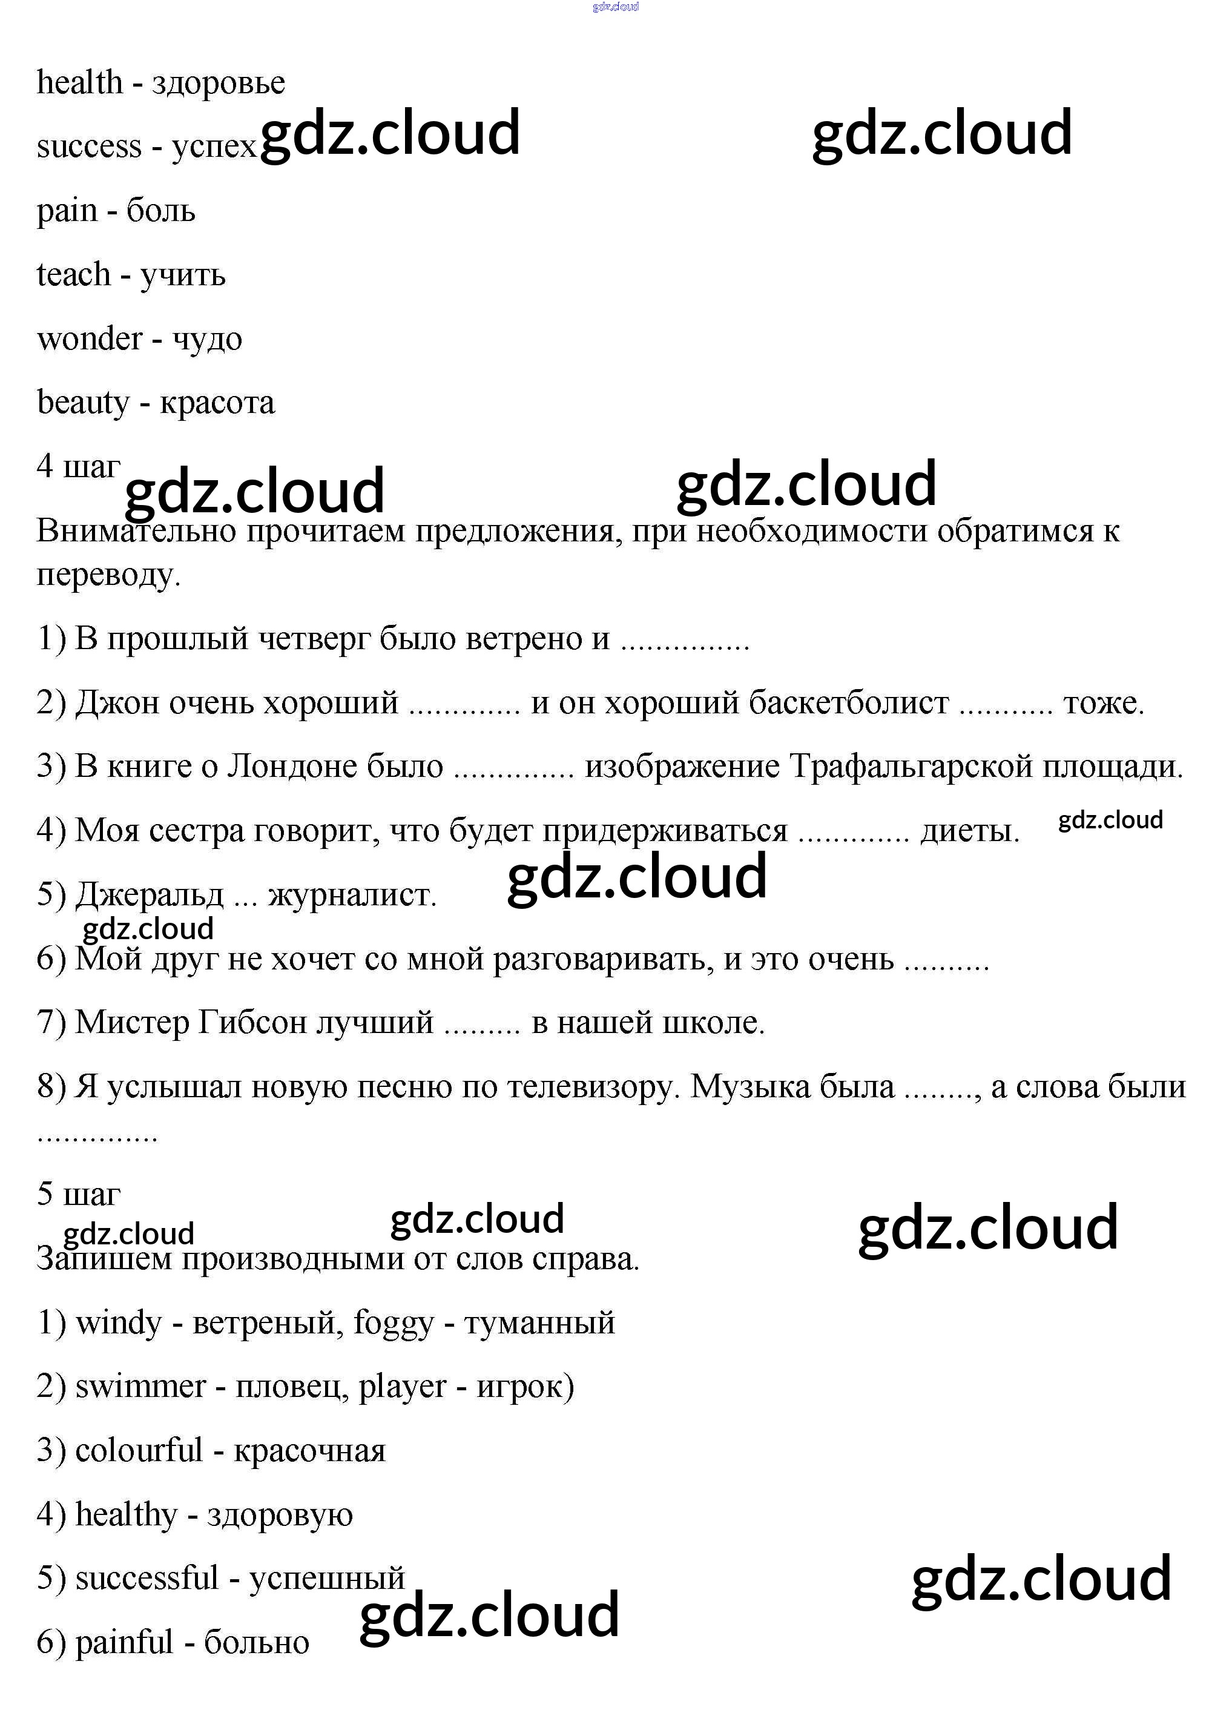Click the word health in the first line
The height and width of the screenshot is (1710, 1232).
[x=79, y=82]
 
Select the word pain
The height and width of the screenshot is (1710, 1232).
[x=67, y=211]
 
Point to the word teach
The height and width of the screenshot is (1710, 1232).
[x=73, y=274]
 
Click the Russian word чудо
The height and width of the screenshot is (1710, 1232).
[x=207, y=338]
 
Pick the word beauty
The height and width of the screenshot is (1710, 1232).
[x=83, y=403]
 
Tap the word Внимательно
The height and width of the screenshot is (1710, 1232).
[x=136, y=532]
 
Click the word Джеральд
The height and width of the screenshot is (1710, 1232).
[x=150, y=895]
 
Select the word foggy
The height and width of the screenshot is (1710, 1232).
[x=394, y=1323]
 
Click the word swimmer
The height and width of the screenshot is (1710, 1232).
[x=140, y=1387]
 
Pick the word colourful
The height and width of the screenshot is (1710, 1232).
[x=139, y=1451]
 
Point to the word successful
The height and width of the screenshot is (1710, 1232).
[x=147, y=1578]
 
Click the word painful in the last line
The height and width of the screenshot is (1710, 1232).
[x=124, y=1642]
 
